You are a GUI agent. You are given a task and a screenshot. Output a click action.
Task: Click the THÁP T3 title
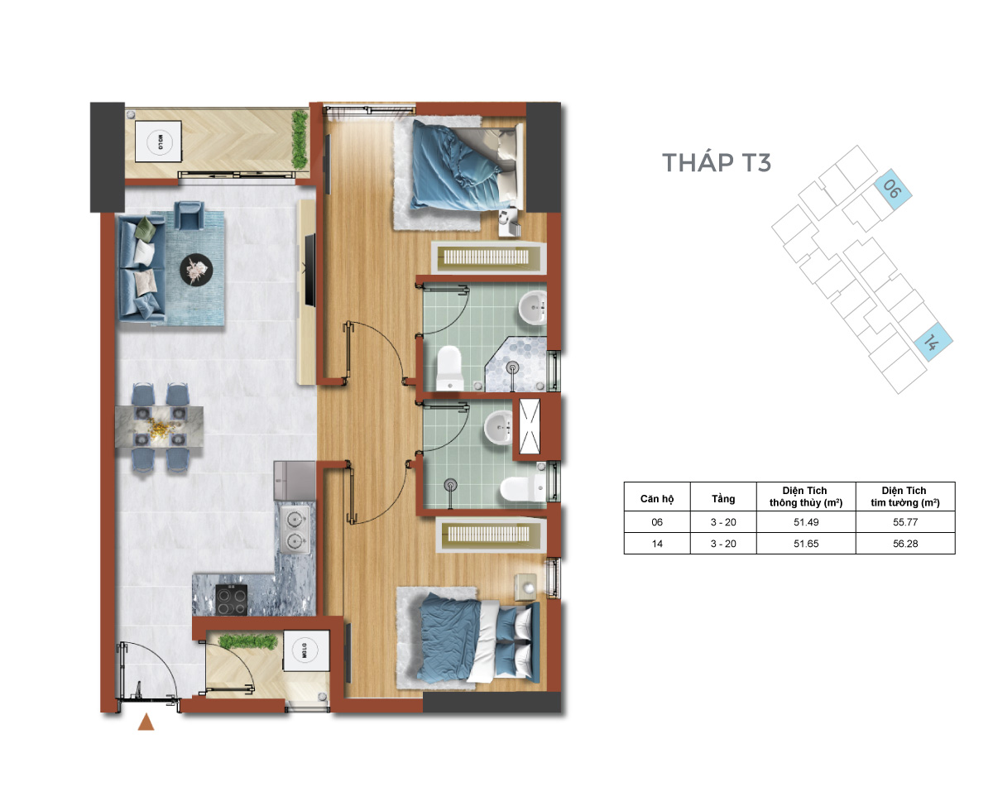[x=716, y=161]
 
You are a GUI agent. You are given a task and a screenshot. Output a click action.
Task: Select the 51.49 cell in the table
[x=806, y=522]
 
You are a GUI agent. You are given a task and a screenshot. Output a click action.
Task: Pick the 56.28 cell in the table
[x=905, y=544]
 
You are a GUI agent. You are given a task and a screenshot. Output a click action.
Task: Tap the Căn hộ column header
[x=657, y=498]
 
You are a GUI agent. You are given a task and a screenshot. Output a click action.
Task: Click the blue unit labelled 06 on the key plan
[x=892, y=190]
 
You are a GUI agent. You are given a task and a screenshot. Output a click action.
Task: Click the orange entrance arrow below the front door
[x=146, y=722]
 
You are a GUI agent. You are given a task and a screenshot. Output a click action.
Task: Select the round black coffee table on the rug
[x=196, y=270]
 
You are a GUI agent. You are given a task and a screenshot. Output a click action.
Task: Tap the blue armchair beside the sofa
[x=189, y=215]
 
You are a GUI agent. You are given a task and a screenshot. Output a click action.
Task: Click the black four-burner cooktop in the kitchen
[x=231, y=599]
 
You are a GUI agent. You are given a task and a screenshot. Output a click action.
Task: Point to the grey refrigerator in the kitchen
[x=295, y=480]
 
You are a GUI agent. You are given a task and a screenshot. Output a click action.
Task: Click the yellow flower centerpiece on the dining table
[x=161, y=427]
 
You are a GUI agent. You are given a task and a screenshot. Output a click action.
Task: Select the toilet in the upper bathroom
[x=449, y=369]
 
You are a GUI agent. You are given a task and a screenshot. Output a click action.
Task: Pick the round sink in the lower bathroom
[x=498, y=428]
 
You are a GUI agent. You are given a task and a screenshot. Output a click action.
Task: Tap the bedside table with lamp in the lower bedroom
[x=525, y=587]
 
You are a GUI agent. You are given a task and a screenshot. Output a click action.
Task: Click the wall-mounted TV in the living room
[x=309, y=271]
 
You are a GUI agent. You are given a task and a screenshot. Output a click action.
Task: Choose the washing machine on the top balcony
[x=159, y=142]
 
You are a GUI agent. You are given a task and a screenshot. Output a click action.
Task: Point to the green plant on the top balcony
[x=300, y=139]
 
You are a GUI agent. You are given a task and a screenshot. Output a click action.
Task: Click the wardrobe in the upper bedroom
[x=488, y=257]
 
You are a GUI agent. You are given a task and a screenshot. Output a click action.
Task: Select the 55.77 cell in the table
[x=905, y=522]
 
